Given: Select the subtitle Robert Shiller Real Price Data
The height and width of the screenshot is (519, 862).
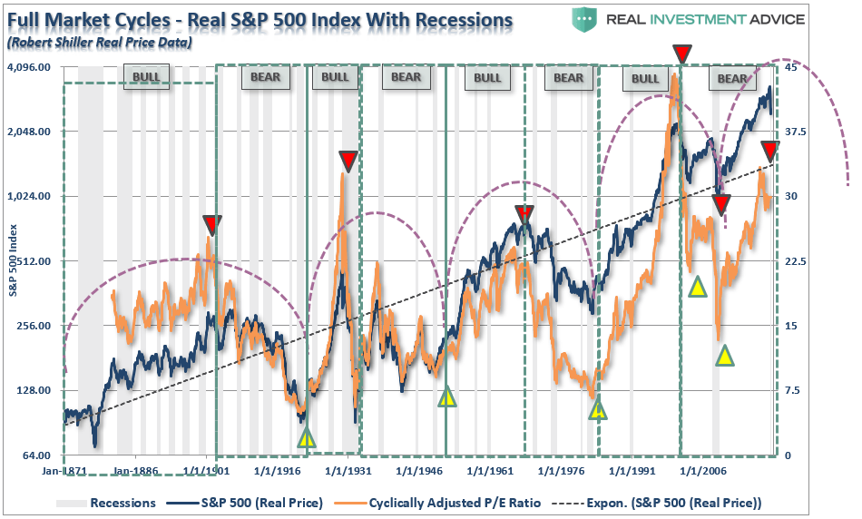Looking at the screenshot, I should [x=99, y=42].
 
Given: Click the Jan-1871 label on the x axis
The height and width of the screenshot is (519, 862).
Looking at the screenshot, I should [x=65, y=473].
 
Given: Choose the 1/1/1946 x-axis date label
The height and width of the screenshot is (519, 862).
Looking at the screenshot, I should [x=415, y=473].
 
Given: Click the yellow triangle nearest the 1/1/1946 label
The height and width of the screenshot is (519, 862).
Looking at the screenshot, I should [x=446, y=397].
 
